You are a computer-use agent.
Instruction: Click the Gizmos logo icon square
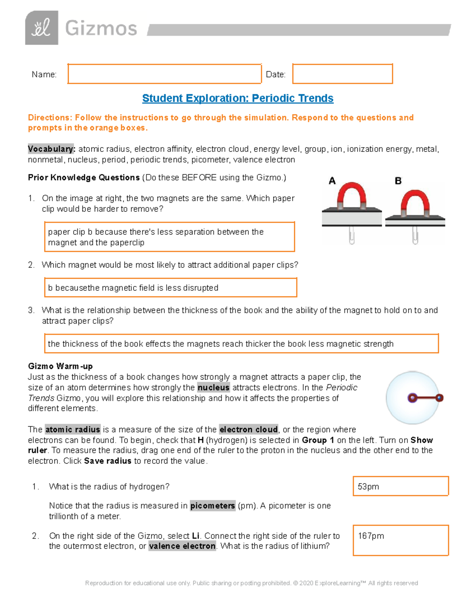click(42, 28)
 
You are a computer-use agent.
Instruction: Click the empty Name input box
click(164, 74)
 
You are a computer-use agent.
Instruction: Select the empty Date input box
click(342, 74)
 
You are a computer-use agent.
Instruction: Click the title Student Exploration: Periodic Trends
click(238, 98)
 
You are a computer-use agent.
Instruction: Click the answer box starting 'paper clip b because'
click(169, 237)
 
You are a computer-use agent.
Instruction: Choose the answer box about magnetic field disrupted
click(170, 288)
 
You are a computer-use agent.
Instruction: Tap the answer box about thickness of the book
click(241, 344)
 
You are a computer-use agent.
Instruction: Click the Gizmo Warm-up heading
click(60, 366)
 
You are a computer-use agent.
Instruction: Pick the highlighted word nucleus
click(213, 388)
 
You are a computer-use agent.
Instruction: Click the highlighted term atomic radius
click(73, 430)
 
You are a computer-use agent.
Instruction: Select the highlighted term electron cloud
click(249, 430)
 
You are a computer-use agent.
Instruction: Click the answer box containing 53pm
click(401, 486)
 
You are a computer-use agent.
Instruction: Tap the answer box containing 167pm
click(401, 540)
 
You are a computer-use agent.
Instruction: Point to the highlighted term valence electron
click(182, 546)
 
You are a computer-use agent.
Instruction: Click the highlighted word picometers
click(213, 506)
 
